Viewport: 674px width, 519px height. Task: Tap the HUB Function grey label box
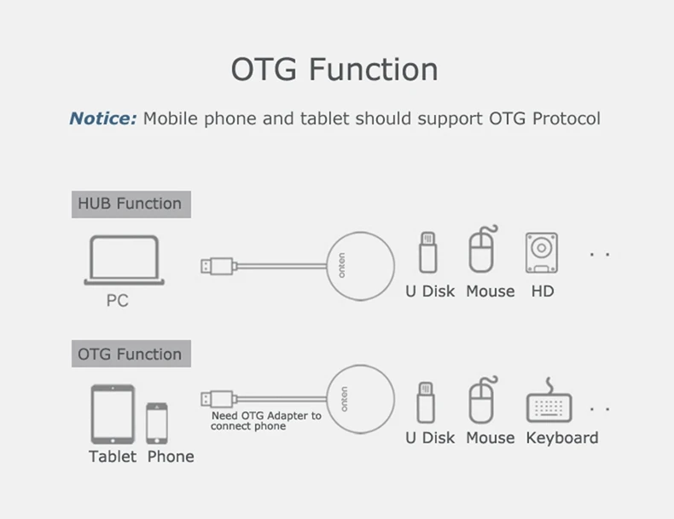click(131, 205)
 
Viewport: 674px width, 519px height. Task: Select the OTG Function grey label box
click(131, 354)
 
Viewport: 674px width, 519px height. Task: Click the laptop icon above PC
click(124, 260)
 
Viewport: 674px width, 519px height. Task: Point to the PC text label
click(118, 301)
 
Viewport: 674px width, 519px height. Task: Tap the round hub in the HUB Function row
click(360, 266)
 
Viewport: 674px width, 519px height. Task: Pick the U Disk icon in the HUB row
click(427, 252)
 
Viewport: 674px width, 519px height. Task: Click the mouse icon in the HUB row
click(482, 250)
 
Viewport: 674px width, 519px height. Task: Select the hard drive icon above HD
click(542, 253)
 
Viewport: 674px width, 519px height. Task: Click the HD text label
click(543, 291)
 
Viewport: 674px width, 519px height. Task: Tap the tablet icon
click(113, 414)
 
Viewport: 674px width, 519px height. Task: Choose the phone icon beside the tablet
click(157, 424)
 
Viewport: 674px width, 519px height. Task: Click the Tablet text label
click(113, 456)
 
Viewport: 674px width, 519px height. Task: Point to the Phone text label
click(171, 456)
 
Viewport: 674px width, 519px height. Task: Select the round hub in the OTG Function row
click(360, 399)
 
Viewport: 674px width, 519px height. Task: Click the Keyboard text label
click(562, 438)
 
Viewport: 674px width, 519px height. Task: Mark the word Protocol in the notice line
click(567, 118)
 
